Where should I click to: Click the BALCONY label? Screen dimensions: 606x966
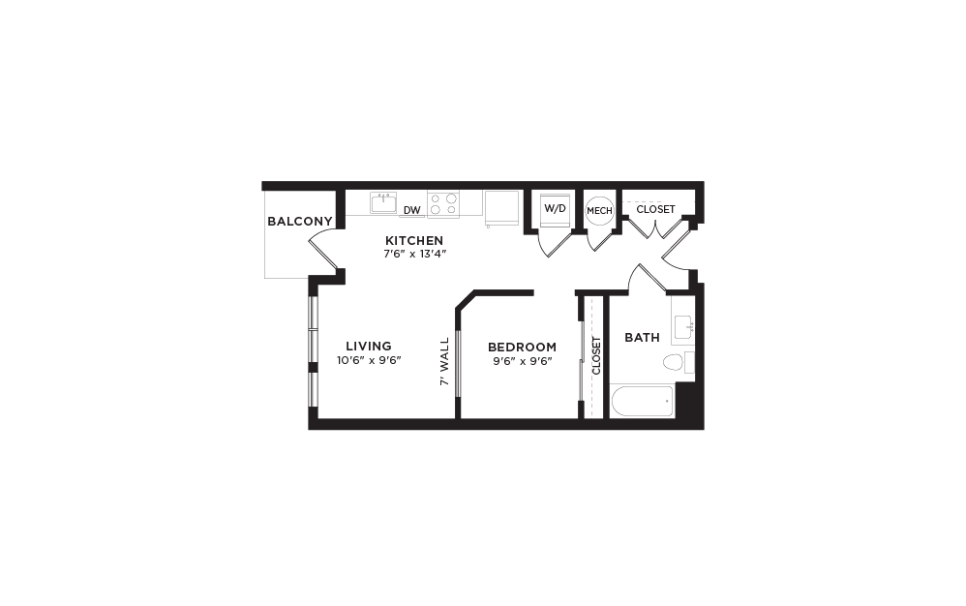pyautogui.click(x=300, y=222)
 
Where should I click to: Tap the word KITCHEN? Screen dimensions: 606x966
pyautogui.click(x=414, y=241)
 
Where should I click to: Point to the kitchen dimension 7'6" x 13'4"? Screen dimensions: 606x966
pyautogui.click(x=414, y=254)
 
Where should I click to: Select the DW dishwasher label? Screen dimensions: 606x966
pyautogui.click(x=411, y=209)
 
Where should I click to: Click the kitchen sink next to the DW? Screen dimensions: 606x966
pyautogui.click(x=383, y=203)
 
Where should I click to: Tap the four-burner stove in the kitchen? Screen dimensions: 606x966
pyautogui.click(x=443, y=203)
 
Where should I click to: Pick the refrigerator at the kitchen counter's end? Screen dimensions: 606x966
pyautogui.click(x=501, y=206)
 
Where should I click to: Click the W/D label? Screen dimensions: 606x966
pyautogui.click(x=555, y=208)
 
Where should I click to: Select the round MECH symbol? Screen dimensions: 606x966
pyautogui.click(x=596, y=210)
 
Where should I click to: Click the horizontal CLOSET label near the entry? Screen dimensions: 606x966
pyautogui.click(x=655, y=209)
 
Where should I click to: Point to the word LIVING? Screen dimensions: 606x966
pyautogui.click(x=369, y=347)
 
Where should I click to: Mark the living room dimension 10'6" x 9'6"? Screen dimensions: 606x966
pyautogui.click(x=369, y=360)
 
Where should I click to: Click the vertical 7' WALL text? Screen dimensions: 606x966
pyautogui.click(x=445, y=362)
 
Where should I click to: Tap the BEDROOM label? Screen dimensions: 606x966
pyautogui.click(x=522, y=347)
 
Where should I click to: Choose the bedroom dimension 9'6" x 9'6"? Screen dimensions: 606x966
pyautogui.click(x=522, y=360)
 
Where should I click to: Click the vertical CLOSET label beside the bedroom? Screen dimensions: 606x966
pyautogui.click(x=596, y=355)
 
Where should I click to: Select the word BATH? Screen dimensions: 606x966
pyautogui.click(x=642, y=338)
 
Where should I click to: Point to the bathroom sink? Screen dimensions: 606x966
pyautogui.click(x=683, y=326)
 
